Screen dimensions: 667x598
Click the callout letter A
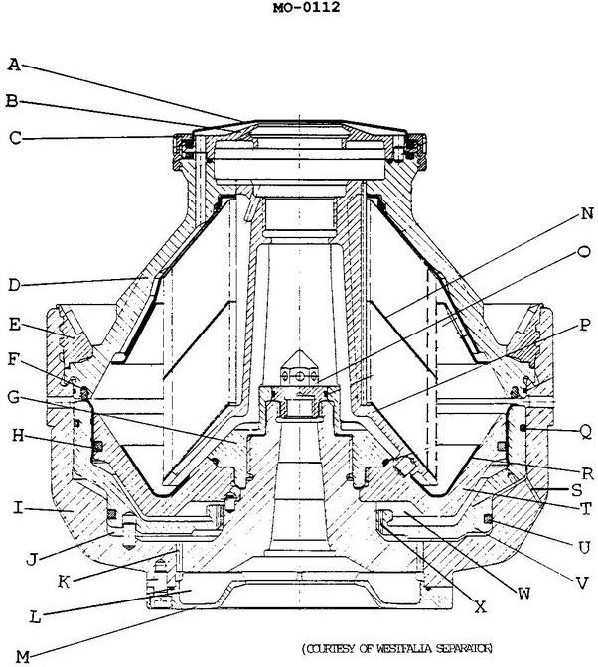pos(14,65)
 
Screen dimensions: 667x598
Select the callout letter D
pos(14,286)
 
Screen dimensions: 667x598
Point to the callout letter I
pos(15,507)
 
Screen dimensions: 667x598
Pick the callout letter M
pos(15,655)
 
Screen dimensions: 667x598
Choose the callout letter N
pos(587,213)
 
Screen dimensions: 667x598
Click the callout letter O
pos(587,251)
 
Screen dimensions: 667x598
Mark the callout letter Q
pos(587,430)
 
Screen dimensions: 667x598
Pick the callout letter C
pos(14,138)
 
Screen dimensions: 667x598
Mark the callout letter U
pos(587,546)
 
